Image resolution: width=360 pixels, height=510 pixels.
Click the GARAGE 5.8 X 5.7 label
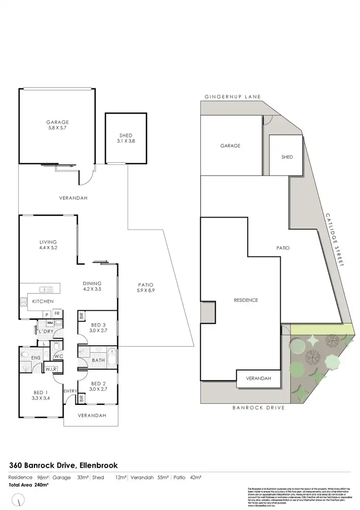[x=57, y=125]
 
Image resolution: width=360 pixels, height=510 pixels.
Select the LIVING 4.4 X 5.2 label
[x=48, y=245]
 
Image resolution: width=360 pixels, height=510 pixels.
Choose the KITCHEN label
[x=42, y=301]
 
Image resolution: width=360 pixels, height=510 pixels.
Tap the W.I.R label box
[x=51, y=369]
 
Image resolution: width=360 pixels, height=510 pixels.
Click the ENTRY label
[x=70, y=391]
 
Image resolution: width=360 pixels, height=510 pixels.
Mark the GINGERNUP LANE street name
[x=232, y=97]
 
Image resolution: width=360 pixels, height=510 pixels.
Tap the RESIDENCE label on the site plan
[x=246, y=300]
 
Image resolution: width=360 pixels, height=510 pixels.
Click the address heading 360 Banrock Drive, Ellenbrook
[x=63, y=465]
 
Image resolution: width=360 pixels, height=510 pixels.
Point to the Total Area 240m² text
[x=29, y=485]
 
